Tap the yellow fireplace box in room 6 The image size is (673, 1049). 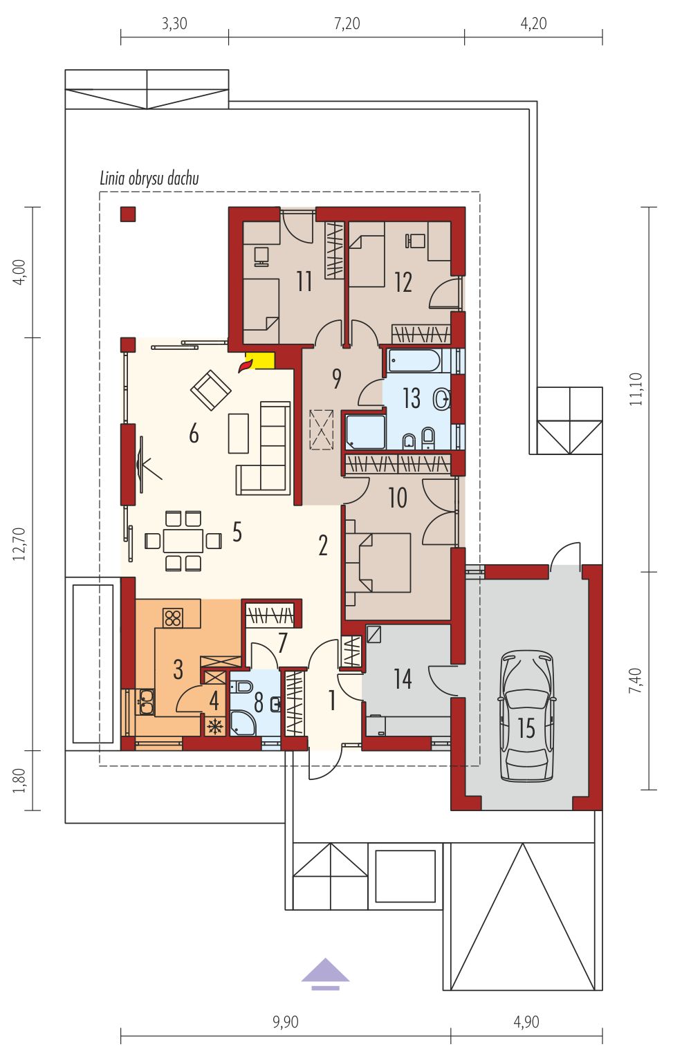(260, 360)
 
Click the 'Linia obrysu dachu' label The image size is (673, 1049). (149, 178)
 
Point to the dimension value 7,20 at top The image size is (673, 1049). (347, 23)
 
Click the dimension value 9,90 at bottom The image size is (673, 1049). (285, 1021)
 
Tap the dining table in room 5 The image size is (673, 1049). (183, 541)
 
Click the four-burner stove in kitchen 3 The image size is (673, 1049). (174, 618)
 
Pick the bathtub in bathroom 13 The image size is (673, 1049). (414, 361)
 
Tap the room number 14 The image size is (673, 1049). (403, 678)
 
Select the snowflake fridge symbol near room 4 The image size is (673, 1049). (215, 727)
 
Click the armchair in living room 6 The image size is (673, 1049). (211, 389)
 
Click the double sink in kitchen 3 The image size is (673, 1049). (145, 701)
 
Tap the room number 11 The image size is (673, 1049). (304, 282)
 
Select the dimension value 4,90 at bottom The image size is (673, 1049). (526, 1021)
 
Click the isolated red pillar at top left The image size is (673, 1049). (128, 214)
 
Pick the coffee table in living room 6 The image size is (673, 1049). (239, 433)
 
